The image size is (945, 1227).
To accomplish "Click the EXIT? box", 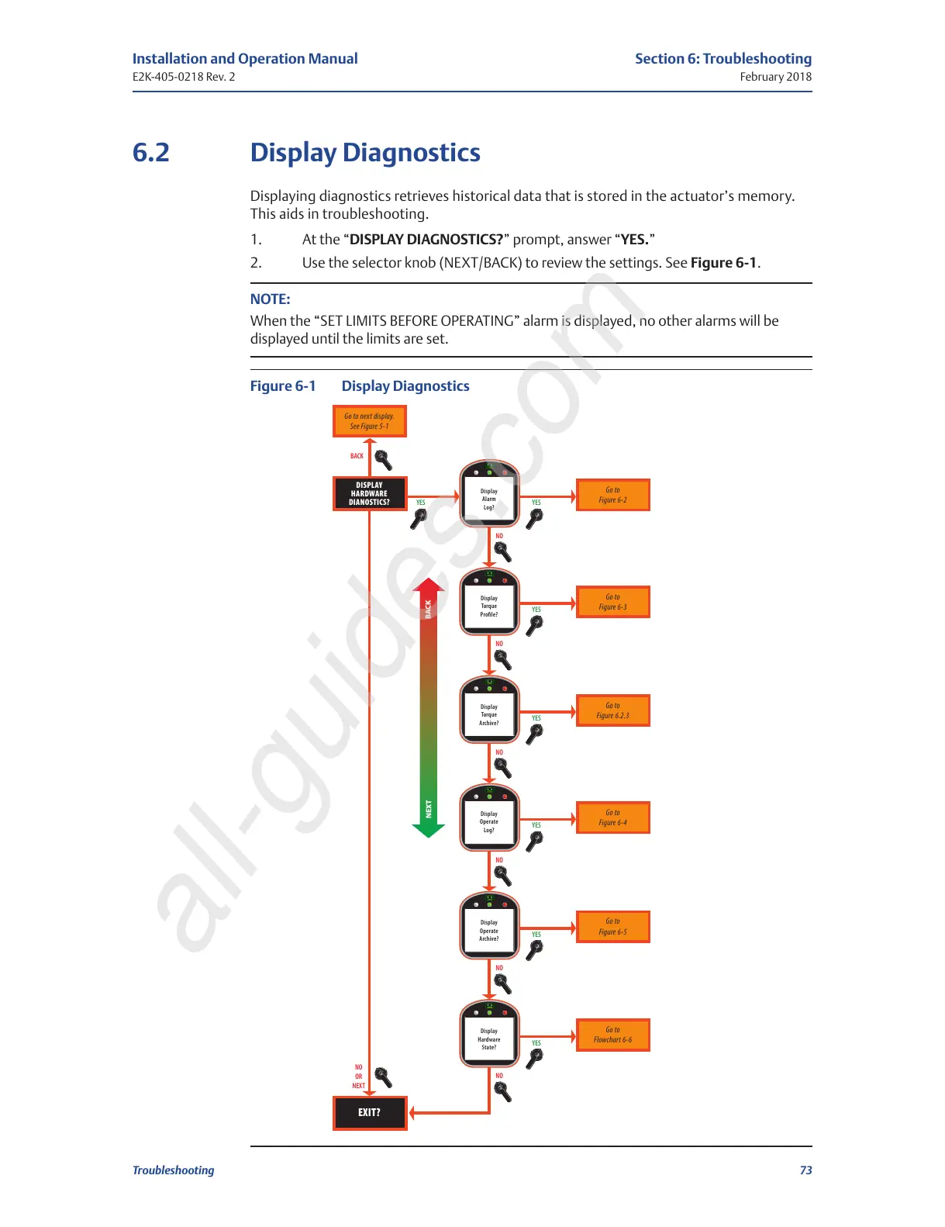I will [370, 1112].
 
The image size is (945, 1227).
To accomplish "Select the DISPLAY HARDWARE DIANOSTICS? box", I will [370, 493].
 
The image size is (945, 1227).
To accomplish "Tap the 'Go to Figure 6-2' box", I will [612, 495].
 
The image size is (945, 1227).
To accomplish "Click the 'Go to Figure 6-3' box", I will [612, 602].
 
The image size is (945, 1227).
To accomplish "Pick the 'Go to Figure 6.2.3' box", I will [612, 710].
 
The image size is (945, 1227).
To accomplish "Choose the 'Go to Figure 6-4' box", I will [612, 817].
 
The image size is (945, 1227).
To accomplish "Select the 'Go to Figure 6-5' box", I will [612, 927].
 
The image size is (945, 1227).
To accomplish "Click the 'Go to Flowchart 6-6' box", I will [612, 1035].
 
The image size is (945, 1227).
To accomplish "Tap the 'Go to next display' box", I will [370, 421].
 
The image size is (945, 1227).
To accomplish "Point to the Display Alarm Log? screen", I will [489, 499].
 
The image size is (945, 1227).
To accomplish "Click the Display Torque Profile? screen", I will [489, 606].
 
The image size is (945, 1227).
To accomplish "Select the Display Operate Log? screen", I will [489, 822].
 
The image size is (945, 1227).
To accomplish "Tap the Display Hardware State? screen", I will [489, 1039].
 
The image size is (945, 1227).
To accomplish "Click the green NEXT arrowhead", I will [428, 830].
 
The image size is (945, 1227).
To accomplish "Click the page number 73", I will [805, 1170].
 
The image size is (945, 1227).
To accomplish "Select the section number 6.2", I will [151, 153].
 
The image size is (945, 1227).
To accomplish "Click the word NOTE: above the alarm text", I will [270, 299].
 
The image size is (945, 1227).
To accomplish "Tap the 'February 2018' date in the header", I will [775, 77].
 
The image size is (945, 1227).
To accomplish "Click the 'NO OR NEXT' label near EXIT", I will [358, 1077].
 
